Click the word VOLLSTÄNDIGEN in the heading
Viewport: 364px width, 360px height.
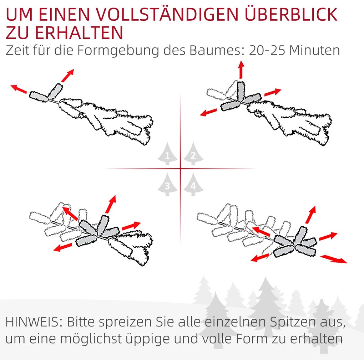[167, 15]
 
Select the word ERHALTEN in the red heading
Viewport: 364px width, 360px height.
[79, 33]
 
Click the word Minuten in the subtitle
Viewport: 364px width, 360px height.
[314, 50]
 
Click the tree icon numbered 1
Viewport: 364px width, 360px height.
[167, 154]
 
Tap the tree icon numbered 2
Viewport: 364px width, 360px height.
[193, 154]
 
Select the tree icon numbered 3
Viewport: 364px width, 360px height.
[167, 184]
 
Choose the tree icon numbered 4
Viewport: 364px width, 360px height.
[193, 184]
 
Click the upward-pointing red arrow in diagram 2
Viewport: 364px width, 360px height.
[242, 70]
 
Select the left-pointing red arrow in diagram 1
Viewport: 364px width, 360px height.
[19, 89]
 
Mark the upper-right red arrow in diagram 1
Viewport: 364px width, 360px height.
[67, 75]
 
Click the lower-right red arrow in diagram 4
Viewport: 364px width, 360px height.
[334, 259]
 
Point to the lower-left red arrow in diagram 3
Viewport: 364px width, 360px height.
[63, 247]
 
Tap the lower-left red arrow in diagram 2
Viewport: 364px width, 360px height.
[208, 112]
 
